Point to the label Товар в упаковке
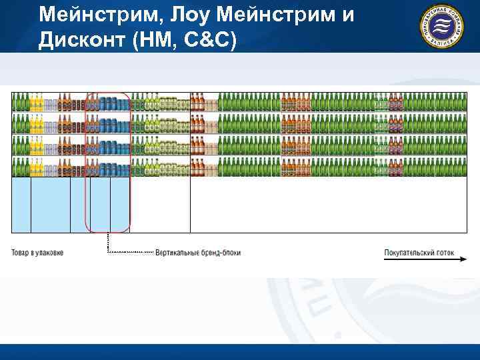37,253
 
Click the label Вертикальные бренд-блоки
198,253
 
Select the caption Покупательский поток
418,253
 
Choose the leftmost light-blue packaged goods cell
21,205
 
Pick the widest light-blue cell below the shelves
50,205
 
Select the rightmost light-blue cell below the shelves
120,205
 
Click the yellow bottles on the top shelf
36,103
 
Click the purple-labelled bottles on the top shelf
395,103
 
